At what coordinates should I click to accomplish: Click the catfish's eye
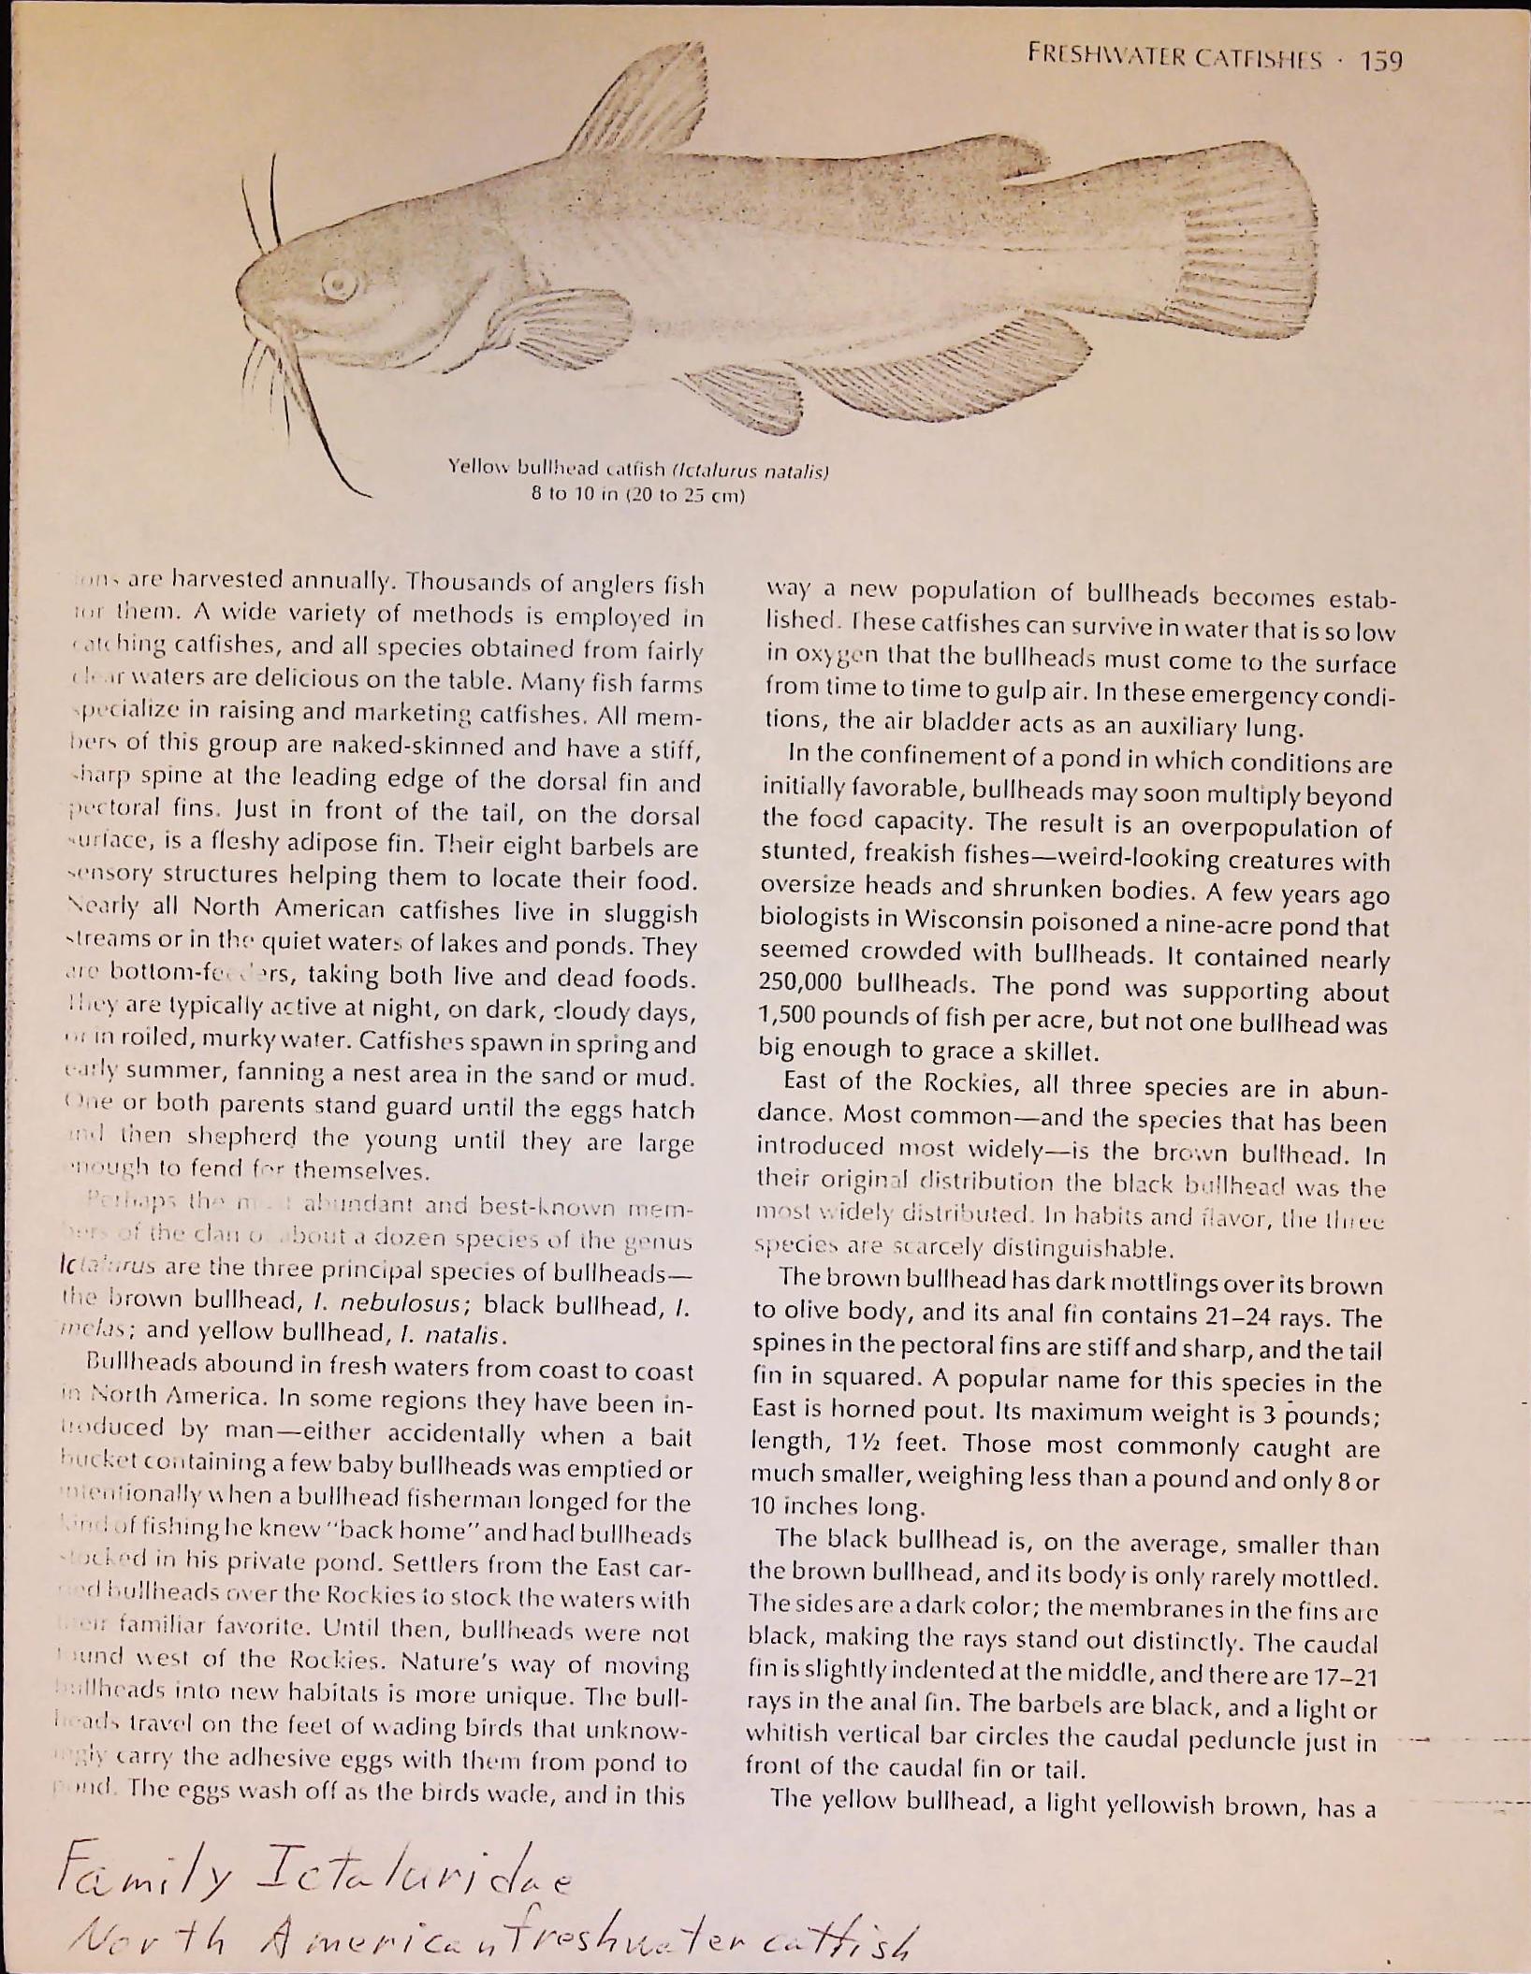[338, 283]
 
